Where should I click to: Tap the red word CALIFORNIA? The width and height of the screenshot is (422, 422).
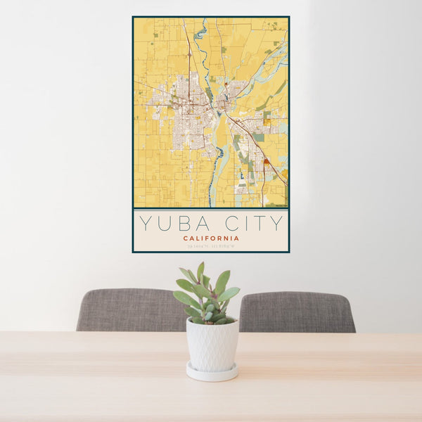[210, 238]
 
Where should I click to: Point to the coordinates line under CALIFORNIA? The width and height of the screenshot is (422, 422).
[210, 245]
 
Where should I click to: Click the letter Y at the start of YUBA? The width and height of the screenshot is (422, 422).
[144, 224]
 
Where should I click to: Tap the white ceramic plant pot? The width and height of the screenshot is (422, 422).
[212, 345]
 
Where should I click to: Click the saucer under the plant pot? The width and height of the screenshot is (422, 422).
[212, 372]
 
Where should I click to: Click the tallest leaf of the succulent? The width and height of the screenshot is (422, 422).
[200, 272]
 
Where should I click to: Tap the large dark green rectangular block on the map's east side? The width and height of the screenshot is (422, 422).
[260, 137]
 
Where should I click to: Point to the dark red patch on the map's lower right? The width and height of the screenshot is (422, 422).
[267, 161]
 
